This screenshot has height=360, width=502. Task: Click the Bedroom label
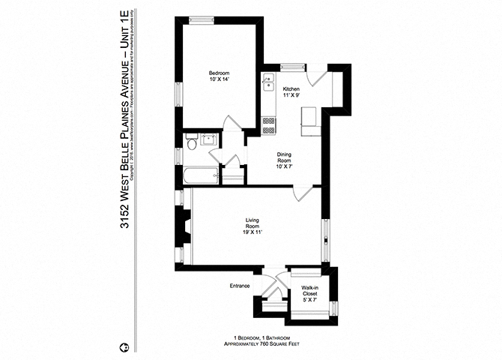(218, 73)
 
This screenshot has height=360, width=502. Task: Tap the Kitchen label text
(291, 89)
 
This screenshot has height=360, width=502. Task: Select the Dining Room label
(284, 158)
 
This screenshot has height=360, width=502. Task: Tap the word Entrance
(239, 286)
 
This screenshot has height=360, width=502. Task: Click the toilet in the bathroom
(193, 142)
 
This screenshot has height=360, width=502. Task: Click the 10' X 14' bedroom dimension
(218, 80)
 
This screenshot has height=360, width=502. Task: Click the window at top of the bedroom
(200, 17)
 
